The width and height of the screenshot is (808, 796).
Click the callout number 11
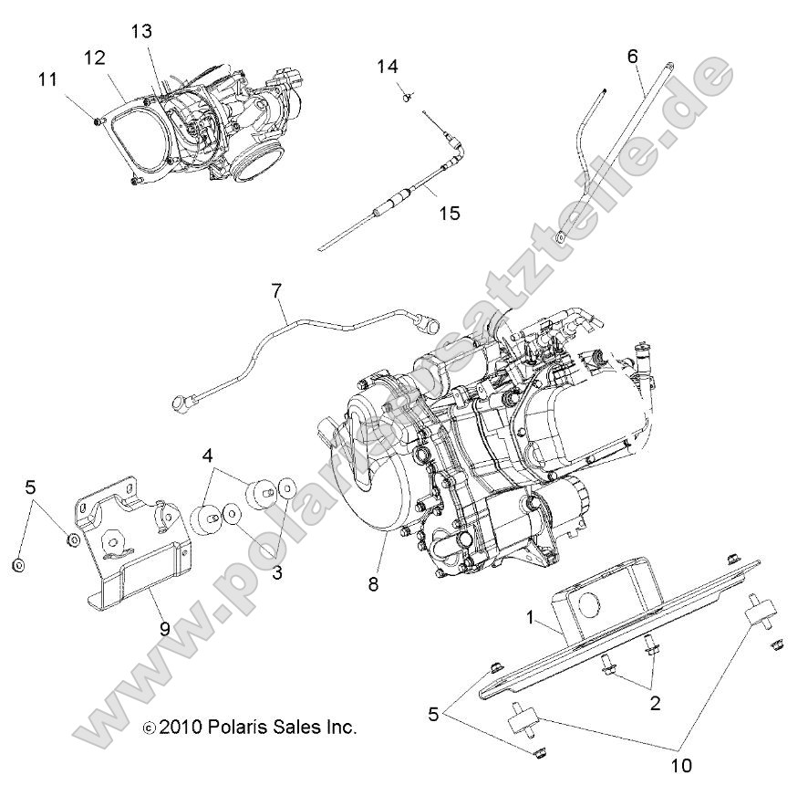(47, 80)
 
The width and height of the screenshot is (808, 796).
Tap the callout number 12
(96, 58)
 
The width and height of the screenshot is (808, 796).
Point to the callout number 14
(388, 67)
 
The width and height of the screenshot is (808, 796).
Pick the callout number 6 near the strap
(632, 56)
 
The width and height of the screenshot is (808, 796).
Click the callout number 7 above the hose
(276, 292)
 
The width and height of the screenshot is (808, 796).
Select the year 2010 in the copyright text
(180, 728)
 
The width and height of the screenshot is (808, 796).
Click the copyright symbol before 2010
(150, 728)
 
